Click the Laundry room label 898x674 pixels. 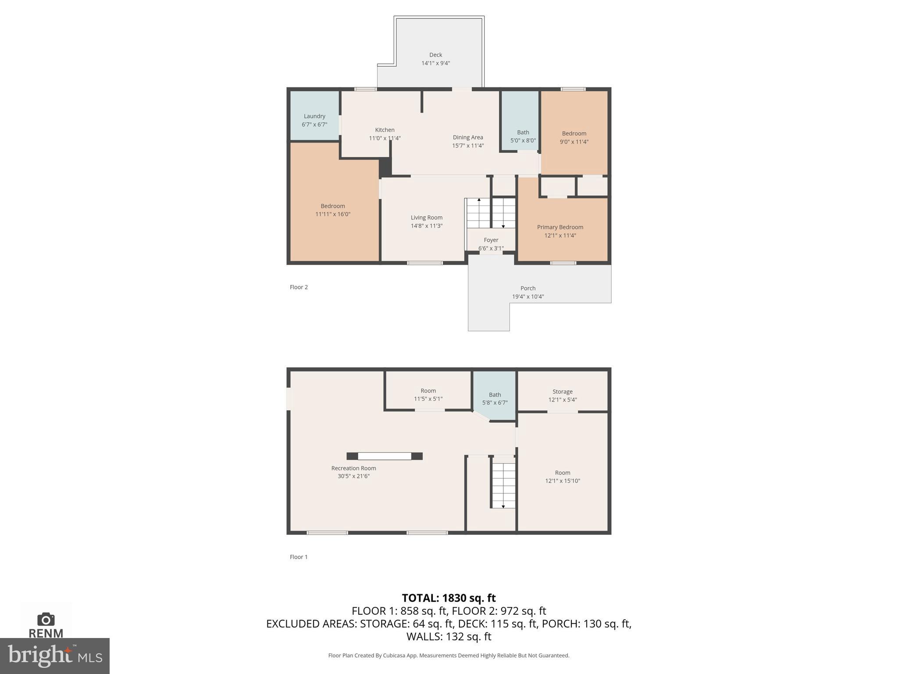[314, 116]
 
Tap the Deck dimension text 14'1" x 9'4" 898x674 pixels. [435, 63]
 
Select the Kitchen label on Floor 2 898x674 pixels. [385, 130]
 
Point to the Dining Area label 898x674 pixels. [468, 137]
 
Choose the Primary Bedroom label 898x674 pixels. [560, 227]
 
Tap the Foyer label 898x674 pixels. [491, 240]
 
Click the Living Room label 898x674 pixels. [426, 218]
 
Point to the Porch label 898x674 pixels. [528, 288]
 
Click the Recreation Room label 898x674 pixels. [353, 468]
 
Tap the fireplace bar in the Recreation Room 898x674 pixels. [385, 456]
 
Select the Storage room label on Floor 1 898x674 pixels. [562, 391]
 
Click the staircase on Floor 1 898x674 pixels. [503, 483]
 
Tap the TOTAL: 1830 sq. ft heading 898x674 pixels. [449, 598]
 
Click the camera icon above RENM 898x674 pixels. [46, 619]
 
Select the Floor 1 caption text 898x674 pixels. [299, 557]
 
